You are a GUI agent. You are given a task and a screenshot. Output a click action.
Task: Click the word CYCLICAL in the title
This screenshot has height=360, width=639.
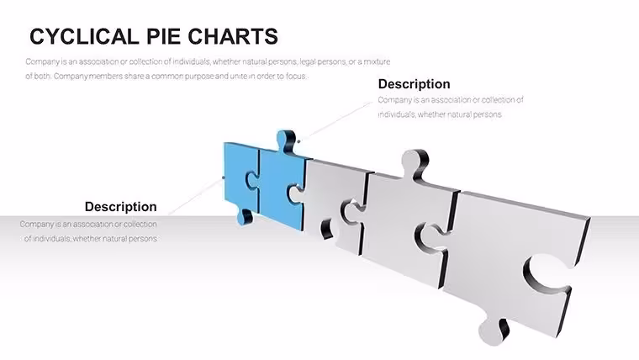coord(84,36)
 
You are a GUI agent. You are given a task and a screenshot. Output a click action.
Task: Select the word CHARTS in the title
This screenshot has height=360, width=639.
coord(233,36)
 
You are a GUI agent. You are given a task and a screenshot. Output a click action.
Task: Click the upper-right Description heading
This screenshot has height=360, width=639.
coord(414,84)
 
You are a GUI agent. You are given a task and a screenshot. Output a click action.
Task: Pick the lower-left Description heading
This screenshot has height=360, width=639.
coord(120,207)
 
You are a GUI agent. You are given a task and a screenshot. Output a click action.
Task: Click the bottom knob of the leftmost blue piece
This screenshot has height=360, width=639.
coord(246,216)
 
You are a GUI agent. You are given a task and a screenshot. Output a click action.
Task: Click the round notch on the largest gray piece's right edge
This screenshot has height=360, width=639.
coord(544,273)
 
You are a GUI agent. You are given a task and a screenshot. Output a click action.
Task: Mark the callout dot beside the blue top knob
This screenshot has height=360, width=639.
coord(298,141)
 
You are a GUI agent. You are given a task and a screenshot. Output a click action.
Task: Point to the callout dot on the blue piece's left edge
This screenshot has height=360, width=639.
coord(224,177)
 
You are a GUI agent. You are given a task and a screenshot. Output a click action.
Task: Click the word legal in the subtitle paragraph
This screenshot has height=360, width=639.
coord(307,61)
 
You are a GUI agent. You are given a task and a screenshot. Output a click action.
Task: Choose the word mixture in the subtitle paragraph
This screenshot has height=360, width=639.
coord(377,61)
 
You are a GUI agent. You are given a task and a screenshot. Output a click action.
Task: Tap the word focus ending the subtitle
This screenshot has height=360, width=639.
coord(296,76)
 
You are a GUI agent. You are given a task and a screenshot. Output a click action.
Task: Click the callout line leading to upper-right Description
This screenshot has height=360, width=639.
coord(336,121)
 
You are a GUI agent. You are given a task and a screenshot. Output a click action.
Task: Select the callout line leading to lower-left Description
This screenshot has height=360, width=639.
coord(196,196)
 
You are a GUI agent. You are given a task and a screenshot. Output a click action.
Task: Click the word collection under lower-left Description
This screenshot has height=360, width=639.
coord(140,225)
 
